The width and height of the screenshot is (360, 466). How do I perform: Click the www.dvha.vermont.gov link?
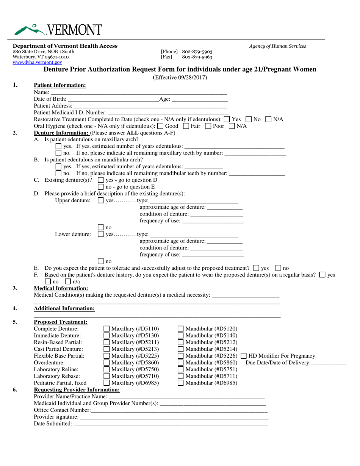tap(37, 63)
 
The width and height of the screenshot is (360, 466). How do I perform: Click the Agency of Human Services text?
tap(277, 46)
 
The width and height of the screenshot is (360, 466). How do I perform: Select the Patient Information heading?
tap(60, 85)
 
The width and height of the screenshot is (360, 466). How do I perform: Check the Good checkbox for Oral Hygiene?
tap(160, 126)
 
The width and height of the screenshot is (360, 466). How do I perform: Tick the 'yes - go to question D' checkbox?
tap(101, 180)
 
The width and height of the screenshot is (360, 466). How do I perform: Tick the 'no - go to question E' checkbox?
tap(101, 186)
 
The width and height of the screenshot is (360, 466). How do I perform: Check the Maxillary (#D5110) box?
tap(107, 329)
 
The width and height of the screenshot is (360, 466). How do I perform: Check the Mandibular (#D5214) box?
tap(181, 349)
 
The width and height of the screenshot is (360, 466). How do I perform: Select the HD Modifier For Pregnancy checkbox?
tap(244, 356)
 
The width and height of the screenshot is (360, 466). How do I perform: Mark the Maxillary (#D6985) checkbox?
tap(107, 383)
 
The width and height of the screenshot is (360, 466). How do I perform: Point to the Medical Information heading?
tap(61, 288)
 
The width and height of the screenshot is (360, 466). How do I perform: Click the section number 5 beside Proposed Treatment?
tap(15, 322)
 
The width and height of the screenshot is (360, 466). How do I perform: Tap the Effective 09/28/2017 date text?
tap(180, 78)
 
